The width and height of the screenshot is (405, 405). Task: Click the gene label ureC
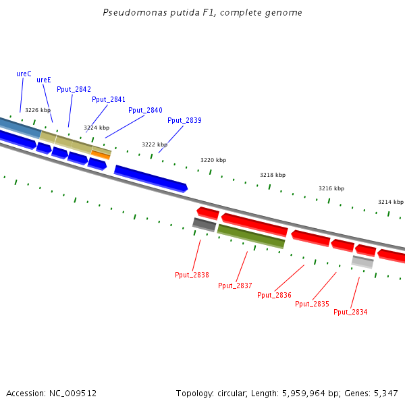24,74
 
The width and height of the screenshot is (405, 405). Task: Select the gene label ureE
44,80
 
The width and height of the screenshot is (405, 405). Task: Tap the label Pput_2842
74,89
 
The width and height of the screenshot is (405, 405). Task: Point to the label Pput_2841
109,99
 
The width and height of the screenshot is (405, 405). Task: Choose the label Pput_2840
145,110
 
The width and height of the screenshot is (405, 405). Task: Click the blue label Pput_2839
184,120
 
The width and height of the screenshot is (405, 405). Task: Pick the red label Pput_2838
192,275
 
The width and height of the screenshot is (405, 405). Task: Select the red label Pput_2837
235,286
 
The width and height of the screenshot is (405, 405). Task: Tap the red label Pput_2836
274,295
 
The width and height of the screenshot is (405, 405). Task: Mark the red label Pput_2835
312,304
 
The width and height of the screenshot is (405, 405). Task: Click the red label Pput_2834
350,312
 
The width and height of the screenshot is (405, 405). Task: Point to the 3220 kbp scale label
213,160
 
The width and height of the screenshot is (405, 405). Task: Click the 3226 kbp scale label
38,110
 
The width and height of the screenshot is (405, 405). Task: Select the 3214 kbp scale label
391,202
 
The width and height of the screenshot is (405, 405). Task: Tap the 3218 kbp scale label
273,175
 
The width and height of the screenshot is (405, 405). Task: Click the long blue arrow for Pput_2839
151,178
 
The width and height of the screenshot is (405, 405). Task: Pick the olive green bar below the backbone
251,236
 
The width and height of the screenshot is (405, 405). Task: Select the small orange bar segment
101,155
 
